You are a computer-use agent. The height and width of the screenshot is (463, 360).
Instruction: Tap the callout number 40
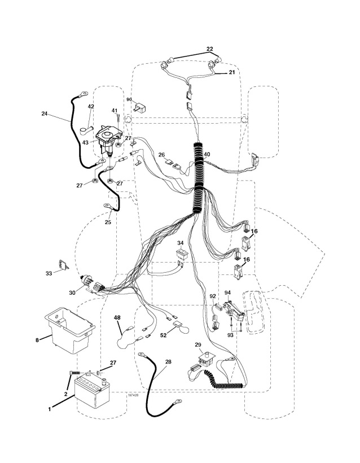(x=207, y=154)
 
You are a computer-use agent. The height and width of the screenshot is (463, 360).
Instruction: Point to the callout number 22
(x=210, y=49)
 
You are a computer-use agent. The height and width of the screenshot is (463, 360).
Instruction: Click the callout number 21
(x=231, y=73)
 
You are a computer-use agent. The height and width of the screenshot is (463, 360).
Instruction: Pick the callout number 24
(x=45, y=113)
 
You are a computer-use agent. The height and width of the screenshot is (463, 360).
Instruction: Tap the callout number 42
(x=91, y=106)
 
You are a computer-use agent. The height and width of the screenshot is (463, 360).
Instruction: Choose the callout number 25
(x=107, y=222)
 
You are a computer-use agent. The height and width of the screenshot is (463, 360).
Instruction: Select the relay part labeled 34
(x=182, y=255)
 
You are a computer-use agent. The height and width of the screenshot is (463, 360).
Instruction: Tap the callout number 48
(x=118, y=318)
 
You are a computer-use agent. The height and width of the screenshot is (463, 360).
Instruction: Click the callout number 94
(x=228, y=292)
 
